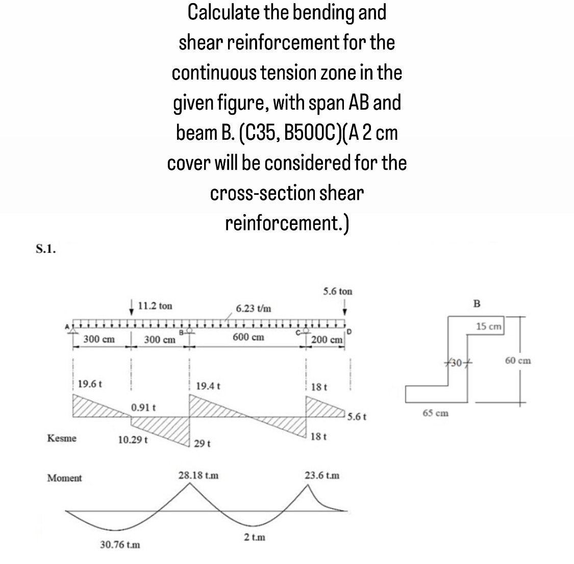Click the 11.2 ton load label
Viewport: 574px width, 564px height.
click(x=155, y=306)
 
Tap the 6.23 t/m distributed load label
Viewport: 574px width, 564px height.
click(x=254, y=309)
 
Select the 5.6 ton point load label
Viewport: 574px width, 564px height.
click(x=337, y=292)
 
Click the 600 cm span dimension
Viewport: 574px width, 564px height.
click(x=248, y=337)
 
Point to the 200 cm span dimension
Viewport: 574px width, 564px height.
click(x=327, y=340)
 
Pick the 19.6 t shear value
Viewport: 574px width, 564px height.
click(x=90, y=383)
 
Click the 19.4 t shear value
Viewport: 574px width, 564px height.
click(x=208, y=386)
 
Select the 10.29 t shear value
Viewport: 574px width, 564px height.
click(x=133, y=439)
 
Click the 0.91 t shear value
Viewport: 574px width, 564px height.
click(x=143, y=408)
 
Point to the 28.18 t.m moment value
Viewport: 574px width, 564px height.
click(x=198, y=475)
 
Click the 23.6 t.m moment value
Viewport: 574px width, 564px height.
click(x=322, y=475)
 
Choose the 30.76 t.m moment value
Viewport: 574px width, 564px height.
click(x=120, y=545)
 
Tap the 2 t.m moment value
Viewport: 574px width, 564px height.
click(x=254, y=537)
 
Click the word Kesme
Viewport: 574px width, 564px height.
click(x=62, y=438)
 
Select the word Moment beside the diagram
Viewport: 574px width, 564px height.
click(x=64, y=478)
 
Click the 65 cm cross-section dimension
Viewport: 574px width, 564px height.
click(x=436, y=413)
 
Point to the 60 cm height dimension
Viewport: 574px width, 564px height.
click(x=518, y=361)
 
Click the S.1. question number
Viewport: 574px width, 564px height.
click(x=46, y=249)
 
